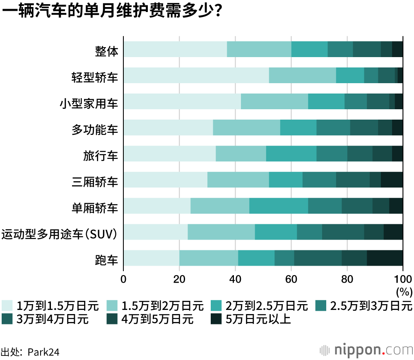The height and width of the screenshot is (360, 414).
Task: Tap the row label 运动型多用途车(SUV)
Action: (x=60, y=234)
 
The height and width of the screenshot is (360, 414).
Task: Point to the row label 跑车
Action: (x=106, y=260)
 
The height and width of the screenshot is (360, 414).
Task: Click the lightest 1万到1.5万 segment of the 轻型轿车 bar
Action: (x=196, y=75)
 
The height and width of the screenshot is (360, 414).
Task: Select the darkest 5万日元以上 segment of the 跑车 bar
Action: (x=385, y=258)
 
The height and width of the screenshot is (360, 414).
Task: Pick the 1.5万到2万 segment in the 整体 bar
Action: (x=259, y=49)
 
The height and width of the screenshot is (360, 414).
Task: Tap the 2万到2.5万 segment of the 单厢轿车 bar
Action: (x=278, y=206)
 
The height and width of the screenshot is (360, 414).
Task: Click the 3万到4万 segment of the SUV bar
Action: (x=343, y=232)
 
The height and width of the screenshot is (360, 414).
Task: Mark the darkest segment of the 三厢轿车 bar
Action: (x=392, y=180)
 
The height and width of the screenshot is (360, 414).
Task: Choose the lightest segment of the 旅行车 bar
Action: (x=169, y=154)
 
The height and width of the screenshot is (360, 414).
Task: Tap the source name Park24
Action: (x=43, y=352)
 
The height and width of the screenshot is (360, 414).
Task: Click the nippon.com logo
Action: (x=366, y=350)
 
